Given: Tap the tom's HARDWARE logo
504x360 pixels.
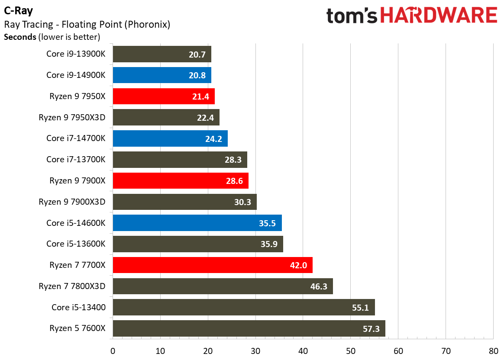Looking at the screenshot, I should pos(411,16).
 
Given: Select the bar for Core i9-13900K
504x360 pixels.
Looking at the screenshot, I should pos(162,54).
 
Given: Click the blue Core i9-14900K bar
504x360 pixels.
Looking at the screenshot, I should pos(162,75).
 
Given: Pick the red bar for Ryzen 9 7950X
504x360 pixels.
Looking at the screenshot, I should pos(164,96).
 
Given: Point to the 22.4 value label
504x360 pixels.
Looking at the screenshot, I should pos(206,117).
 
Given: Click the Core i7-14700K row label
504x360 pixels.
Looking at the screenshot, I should pos(76,138).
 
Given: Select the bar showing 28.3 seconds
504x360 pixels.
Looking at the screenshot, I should pos(180,160).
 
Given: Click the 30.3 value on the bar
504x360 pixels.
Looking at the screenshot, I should pos(243,202).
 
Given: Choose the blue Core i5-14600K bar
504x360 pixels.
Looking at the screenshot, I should pos(197,223).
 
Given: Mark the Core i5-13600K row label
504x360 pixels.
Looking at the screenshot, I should pos(76,244).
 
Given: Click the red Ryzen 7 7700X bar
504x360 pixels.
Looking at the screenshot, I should pos(213,265).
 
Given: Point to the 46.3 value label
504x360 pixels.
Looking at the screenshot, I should pos(319,286).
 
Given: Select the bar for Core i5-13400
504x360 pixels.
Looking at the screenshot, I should pos(244,307).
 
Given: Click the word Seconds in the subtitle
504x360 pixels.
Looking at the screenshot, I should pos(20,37).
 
